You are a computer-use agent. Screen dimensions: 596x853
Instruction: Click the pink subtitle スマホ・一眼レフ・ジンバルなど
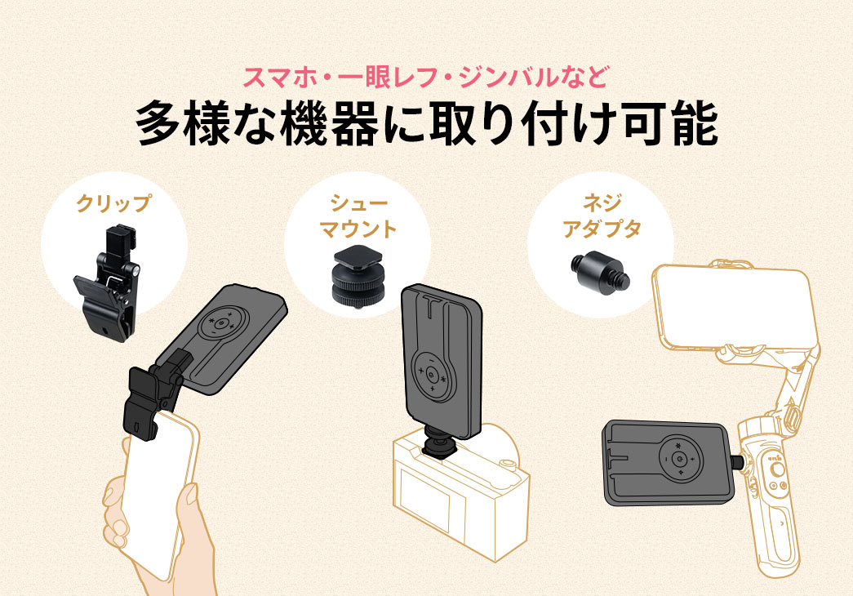click(x=425, y=80)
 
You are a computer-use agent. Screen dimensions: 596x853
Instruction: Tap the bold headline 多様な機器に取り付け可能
click(x=426, y=123)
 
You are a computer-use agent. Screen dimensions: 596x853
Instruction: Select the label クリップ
click(x=113, y=203)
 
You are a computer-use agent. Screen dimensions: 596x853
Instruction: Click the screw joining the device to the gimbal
click(x=740, y=464)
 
